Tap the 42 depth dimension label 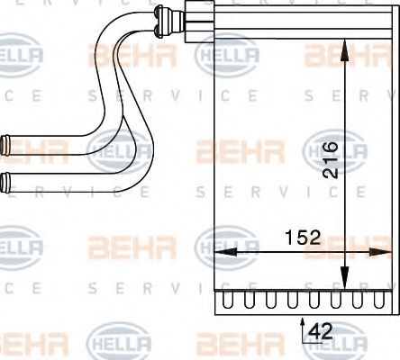coord(321,332)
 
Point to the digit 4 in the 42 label coord(315,332)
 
